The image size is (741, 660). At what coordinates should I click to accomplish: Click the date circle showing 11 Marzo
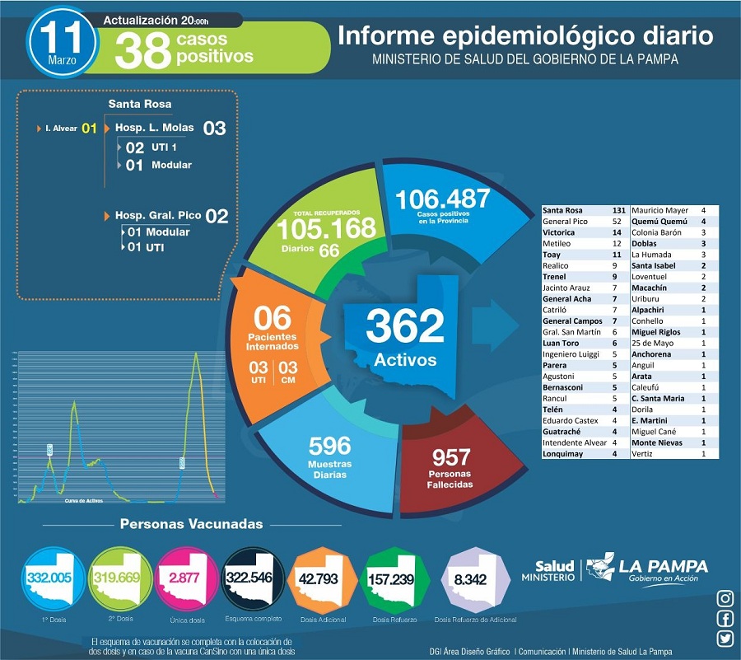(x=61, y=43)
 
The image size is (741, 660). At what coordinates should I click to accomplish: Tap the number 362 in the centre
(x=405, y=327)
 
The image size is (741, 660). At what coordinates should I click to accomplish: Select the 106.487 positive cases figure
(x=442, y=199)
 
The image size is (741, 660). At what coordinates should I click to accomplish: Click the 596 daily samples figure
(x=329, y=447)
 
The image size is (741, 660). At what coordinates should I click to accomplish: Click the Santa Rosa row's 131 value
(x=616, y=211)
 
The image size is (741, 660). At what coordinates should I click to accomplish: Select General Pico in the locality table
(x=565, y=222)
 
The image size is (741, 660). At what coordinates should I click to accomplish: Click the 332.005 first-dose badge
(x=49, y=577)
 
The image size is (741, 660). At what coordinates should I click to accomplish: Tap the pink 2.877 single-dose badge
(x=184, y=577)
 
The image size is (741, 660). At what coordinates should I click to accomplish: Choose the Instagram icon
(x=725, y=598)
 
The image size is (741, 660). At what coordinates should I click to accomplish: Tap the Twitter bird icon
(x=725, y=639)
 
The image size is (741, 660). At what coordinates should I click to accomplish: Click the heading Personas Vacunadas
(x=192, y=524)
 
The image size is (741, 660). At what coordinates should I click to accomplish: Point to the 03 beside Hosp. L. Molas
(x=214, y=128)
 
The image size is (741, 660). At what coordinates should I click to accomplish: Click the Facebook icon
(x=725, y=619)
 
